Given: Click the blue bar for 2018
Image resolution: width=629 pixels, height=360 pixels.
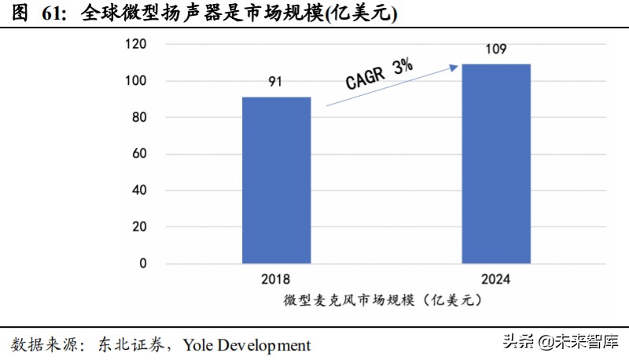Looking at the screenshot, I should tap(276, 180).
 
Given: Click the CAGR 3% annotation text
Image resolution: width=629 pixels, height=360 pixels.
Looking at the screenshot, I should tap(379, 75).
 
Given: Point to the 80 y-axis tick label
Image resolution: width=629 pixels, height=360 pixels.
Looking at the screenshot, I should tap(138, 118).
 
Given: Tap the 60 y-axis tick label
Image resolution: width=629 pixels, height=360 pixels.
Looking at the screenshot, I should tap(138, 154).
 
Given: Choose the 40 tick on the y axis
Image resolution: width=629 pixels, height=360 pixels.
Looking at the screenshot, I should tap(138, 191).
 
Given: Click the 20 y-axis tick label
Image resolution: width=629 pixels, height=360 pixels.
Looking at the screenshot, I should tap(138, 227).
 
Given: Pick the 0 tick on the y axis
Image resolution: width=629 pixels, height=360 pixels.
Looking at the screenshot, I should tap(142, 264).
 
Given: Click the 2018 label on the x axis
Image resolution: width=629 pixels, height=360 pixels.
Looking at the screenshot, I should tap(276, 279).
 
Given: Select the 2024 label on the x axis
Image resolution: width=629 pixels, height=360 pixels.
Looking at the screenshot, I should tap(495, 279).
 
